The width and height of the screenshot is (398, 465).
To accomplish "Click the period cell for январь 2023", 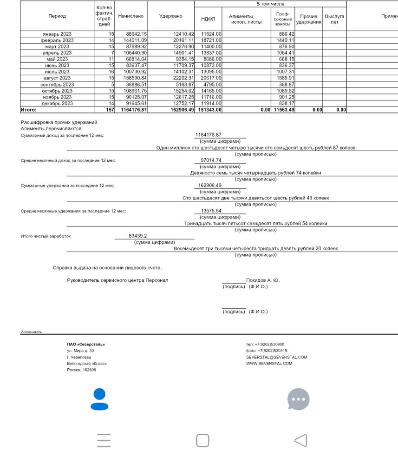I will pyautogui.click(x=57, y=34).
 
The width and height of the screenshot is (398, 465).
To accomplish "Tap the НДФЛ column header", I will pyautogui.click(x=208, y=19).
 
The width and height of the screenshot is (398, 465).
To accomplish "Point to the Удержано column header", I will pyautogui.click(x=170, y=16).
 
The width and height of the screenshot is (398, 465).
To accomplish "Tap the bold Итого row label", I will pyautogui.click(x=28, y=110).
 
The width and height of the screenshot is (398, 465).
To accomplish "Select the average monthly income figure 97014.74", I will pyautogui.click(x=208, y=160).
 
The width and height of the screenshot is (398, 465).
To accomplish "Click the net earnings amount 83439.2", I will pyautogui.click(x=137, y=236).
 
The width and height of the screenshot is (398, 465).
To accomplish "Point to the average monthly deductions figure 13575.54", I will pyautogui.click(x=211, y=211).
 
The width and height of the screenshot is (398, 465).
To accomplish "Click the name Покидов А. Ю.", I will pyautogui.click(x=263, y=280).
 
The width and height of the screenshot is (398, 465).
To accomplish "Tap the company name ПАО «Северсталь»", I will pyautogui.click(x=86, y=344).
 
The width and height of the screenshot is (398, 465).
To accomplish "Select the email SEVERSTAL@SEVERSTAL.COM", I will pyautogui.click(x=277, y=357).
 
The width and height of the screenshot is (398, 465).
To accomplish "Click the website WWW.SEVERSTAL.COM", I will pyautogui.click(x=269, y=363).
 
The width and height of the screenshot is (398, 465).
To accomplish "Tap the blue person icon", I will pyautogui.click(x=99, y=399).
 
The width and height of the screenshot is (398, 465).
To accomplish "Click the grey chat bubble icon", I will pyautogui.click(x=298, y=399).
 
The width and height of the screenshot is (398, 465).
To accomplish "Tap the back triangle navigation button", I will pyautogui.click(x=301, y=440).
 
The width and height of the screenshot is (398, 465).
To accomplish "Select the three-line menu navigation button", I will pyautogui.click(x=104, y=440).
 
